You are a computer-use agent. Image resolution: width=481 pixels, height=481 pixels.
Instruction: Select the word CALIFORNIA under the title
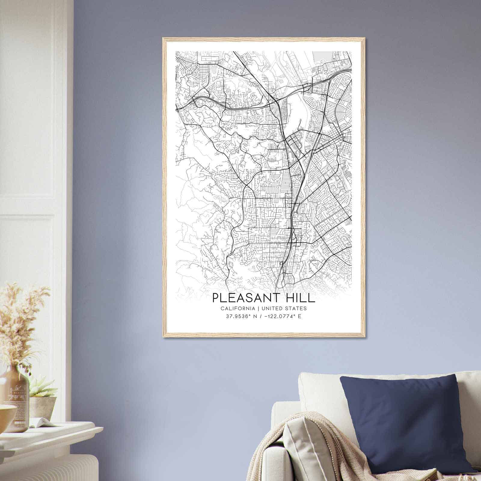237,308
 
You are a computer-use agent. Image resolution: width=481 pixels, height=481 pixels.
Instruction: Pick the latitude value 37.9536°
238,316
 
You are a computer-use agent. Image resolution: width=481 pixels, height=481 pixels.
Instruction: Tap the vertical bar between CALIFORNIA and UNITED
259,308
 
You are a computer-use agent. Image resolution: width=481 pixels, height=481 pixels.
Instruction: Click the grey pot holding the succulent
43,407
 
